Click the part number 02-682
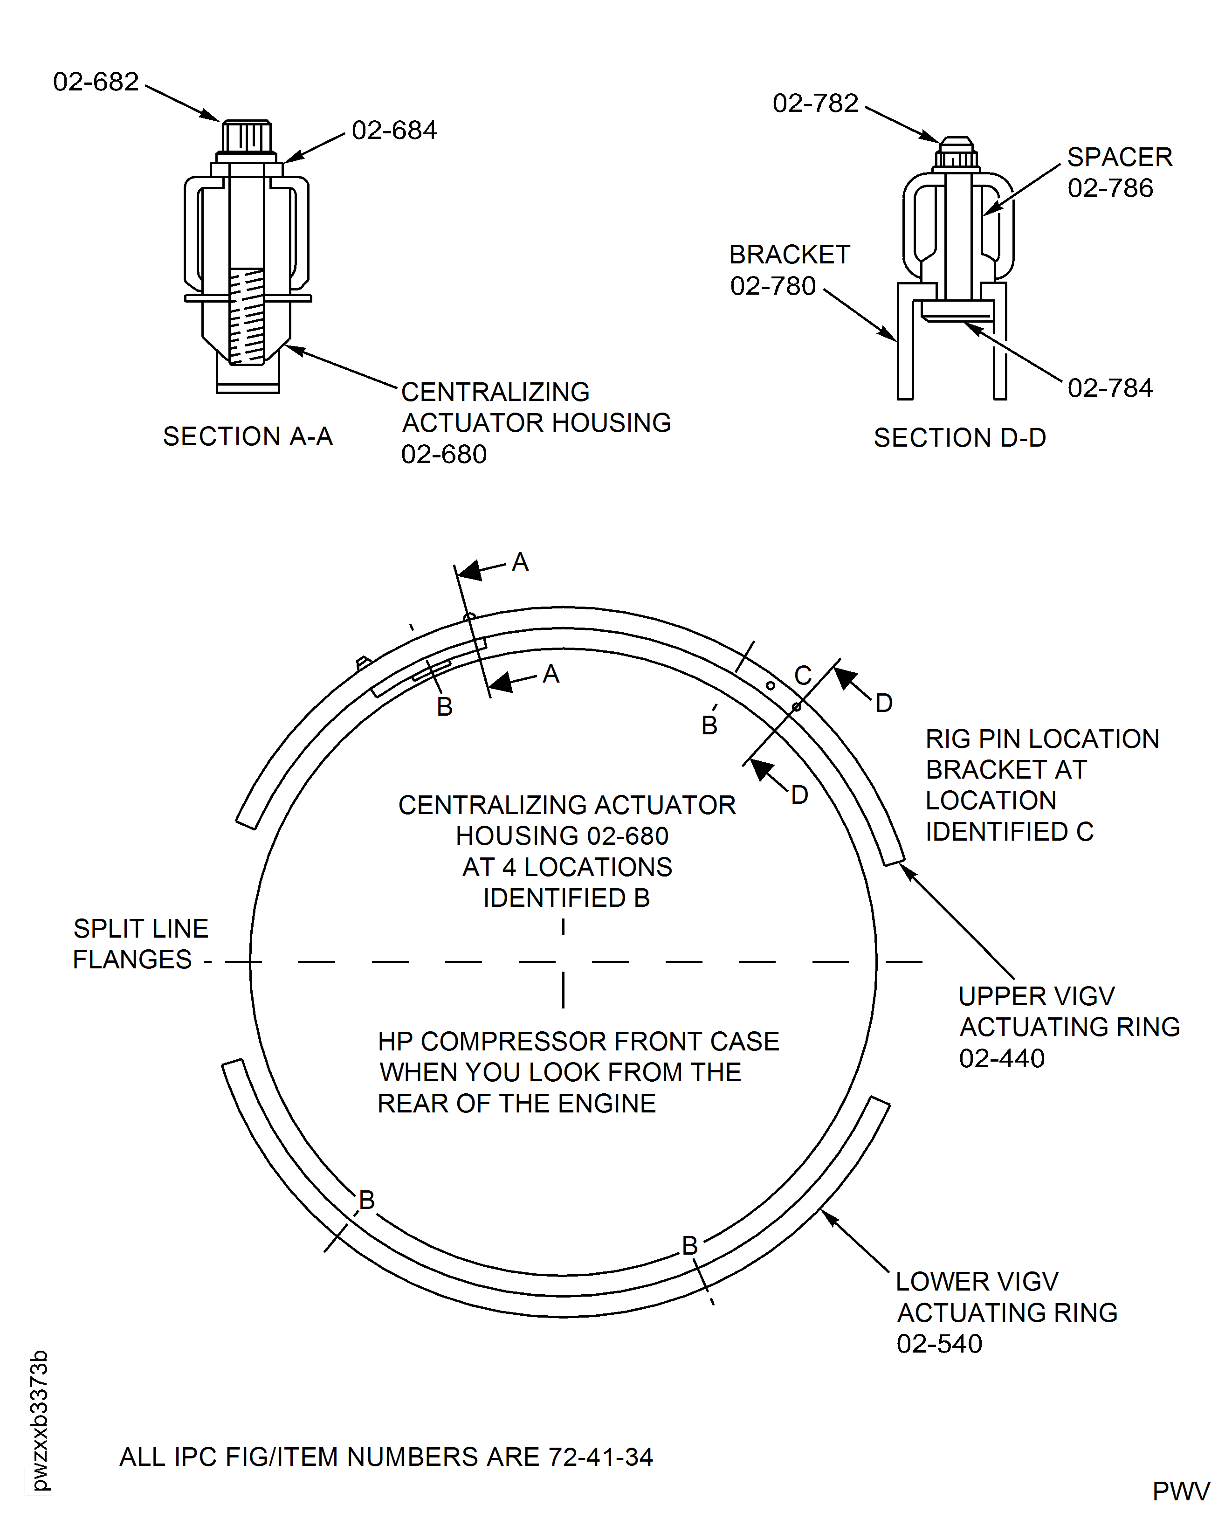96,83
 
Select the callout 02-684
394,131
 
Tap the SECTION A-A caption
248,436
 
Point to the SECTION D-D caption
959,438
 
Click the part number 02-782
815,104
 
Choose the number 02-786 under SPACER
1110,188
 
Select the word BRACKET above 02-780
789,255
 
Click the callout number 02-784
1110,388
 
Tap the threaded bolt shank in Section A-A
247,316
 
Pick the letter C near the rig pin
803,675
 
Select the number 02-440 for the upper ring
1001,1058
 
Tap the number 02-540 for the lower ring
939,1344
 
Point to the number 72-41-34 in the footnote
600,1457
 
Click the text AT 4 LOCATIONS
567,867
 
